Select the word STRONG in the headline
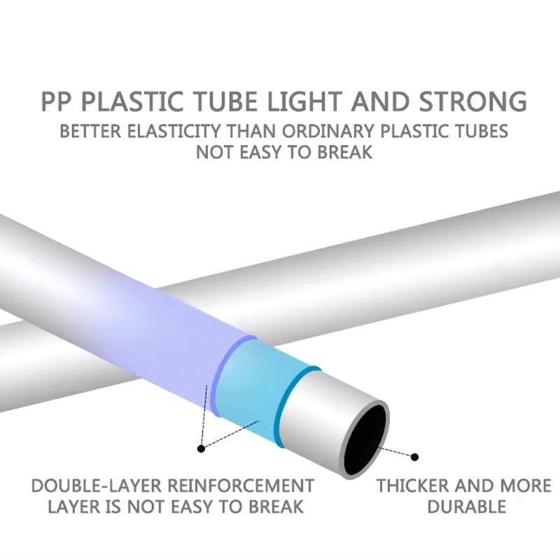pos(473,101)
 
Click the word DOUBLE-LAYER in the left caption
pos(97,486)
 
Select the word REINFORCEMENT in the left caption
pos(241,486)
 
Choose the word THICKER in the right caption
pos(412,486)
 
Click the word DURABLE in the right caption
pos(467,507)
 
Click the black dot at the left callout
pos(202,448)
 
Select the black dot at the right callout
pos(414,457)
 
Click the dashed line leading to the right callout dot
pos(395,451)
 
